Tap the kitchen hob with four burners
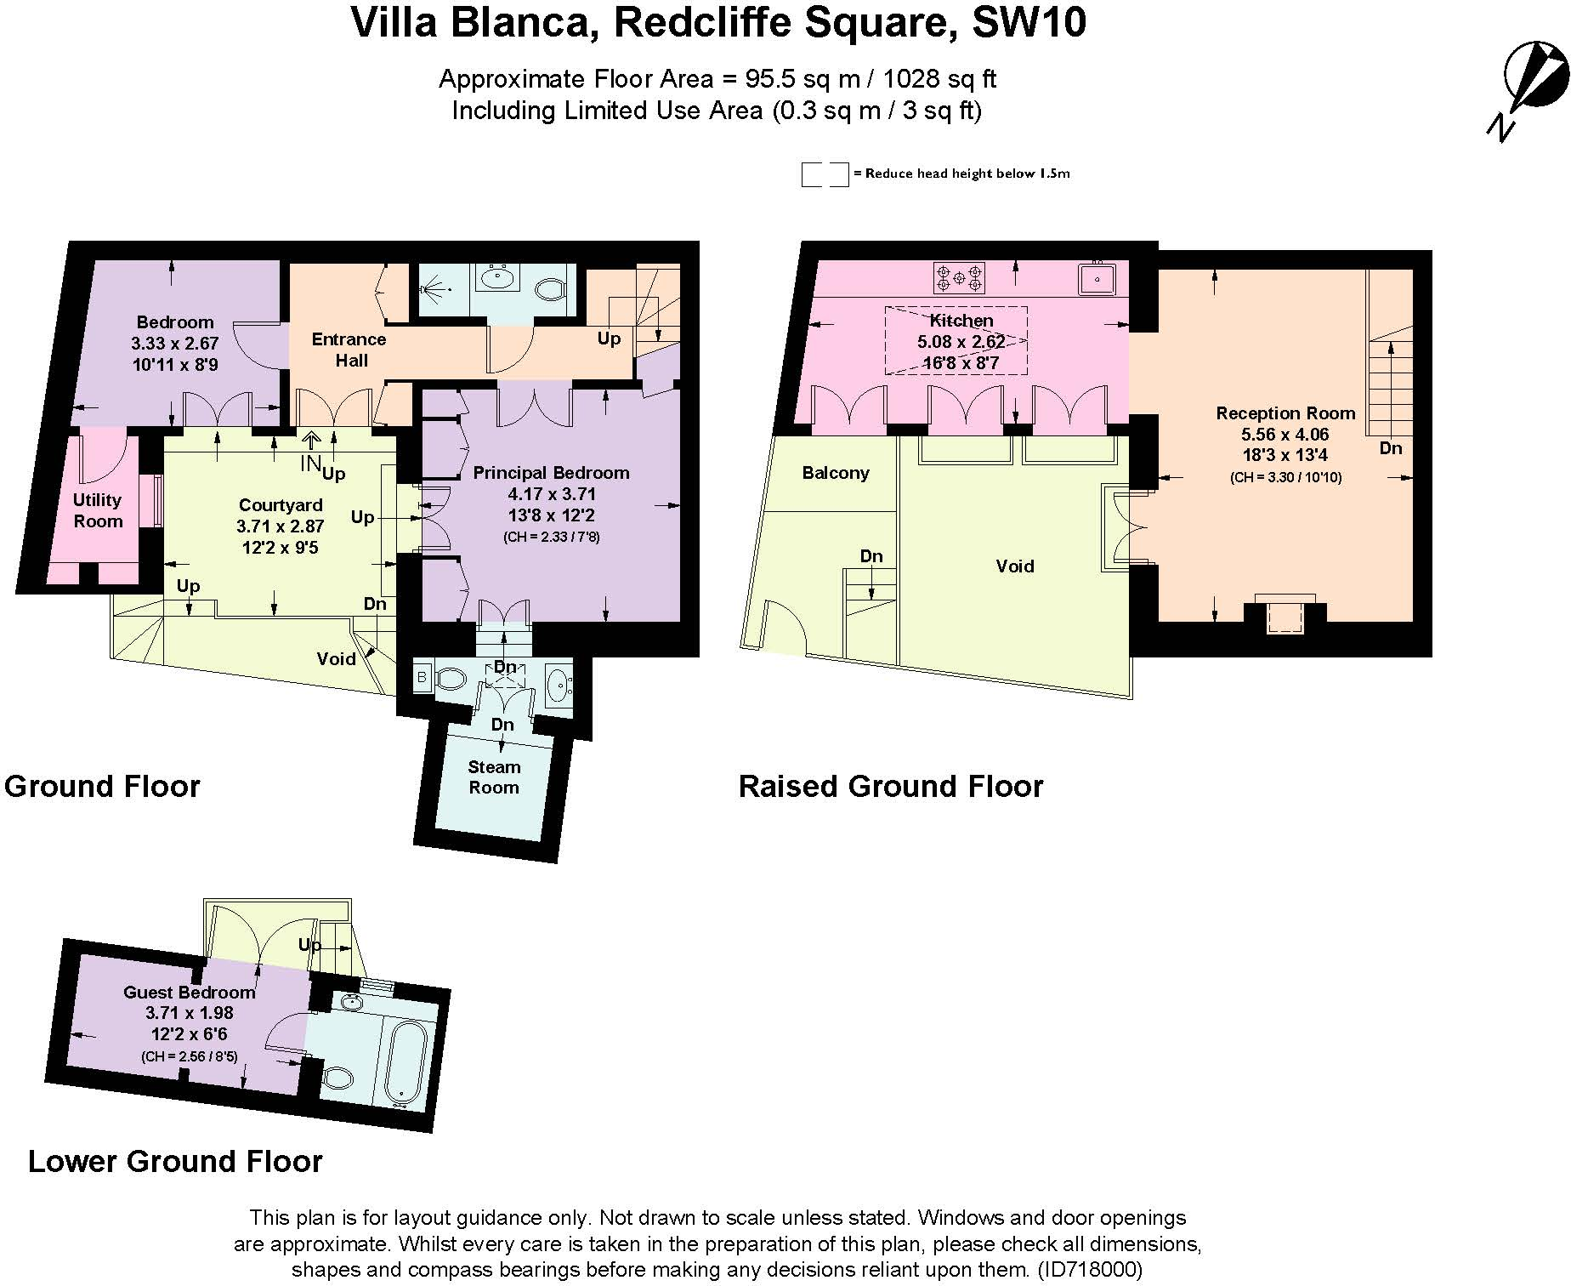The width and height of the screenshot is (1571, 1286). point(959,277)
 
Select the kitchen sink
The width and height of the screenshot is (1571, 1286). point(1098,278)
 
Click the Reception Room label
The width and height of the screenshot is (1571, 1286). point(1285,413)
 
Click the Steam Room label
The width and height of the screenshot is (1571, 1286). point(494,777)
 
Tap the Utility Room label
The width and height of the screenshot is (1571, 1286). point(97,510)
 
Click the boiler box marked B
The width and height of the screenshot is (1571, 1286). point(423,678)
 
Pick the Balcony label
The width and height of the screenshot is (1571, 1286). point(836,473)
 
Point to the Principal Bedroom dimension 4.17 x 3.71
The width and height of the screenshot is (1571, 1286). point(552,494)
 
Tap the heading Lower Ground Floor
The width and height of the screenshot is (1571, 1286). point(175,1161)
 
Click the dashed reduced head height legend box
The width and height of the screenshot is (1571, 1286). point(825,174)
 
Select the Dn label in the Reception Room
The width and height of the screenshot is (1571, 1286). point(1391,448)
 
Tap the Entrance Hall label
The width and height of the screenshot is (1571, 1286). point(349,350)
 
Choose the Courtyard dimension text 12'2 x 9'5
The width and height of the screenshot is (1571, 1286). point(281,548)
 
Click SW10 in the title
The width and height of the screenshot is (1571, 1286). point(1029,22)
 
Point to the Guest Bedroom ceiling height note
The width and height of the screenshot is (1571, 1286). point(189,1057)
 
